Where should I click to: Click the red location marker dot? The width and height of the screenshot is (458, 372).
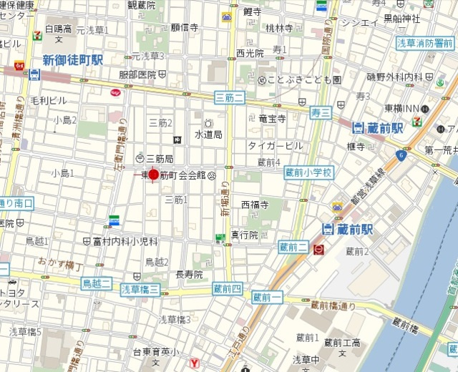(x=153, y=175)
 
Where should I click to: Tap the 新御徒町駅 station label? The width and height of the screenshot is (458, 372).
(x=72, y=60)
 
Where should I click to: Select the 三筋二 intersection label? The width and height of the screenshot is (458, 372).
(x=229, y=97)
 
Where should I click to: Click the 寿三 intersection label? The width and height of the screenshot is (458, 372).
(x=321, y=112)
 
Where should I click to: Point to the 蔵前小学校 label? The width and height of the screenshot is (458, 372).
(x=309, y=172)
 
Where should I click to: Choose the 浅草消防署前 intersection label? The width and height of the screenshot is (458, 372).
(x=425, y=43)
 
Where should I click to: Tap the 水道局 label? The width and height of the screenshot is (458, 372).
(x=208, y=134)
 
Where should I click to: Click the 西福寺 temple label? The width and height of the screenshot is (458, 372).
(x=254, y=205)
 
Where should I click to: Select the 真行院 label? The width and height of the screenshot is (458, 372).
(x=244, y=234)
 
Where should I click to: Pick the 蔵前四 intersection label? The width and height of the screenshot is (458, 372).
(x=227, y=289)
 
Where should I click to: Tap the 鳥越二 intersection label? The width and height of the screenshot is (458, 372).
(x=97, y=284)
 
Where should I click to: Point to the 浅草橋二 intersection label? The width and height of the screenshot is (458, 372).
(x=140, y=290)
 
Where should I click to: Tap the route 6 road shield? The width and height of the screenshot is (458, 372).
(x=401, y=155)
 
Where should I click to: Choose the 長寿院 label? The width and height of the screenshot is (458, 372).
(x=189, y=274)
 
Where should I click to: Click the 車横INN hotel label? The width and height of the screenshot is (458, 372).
(x=401, y=109)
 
